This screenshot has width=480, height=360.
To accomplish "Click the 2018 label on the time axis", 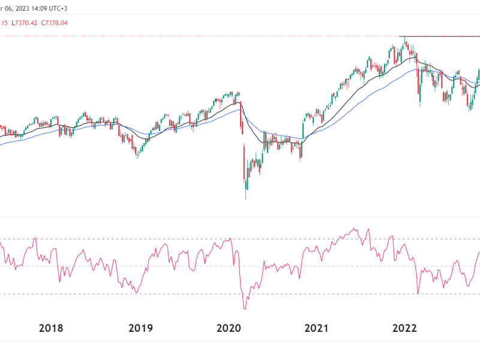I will coord(51,328).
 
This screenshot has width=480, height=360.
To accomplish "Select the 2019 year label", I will coord(140,328).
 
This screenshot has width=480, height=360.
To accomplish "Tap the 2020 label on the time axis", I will coord(229,328).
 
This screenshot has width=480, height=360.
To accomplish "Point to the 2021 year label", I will coord(316,328).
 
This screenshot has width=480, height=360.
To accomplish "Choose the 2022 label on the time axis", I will coord(404,328).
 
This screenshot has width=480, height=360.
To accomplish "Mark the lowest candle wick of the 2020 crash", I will coord(246,199).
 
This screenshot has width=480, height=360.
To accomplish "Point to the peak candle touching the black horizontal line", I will coord(405,40).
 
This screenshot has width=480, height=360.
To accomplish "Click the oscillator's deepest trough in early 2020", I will coord(245,308).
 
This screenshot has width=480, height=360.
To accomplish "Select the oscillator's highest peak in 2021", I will coord(355,229).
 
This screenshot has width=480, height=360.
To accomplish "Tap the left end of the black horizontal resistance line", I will coord(400,37).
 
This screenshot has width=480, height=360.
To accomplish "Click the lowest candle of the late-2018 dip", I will coord(137,157).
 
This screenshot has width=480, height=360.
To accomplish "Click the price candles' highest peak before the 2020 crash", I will coord(238,92).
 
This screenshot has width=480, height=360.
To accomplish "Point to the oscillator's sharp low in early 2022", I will coord(418,294).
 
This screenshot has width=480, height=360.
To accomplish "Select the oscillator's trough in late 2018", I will coord(137,292).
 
